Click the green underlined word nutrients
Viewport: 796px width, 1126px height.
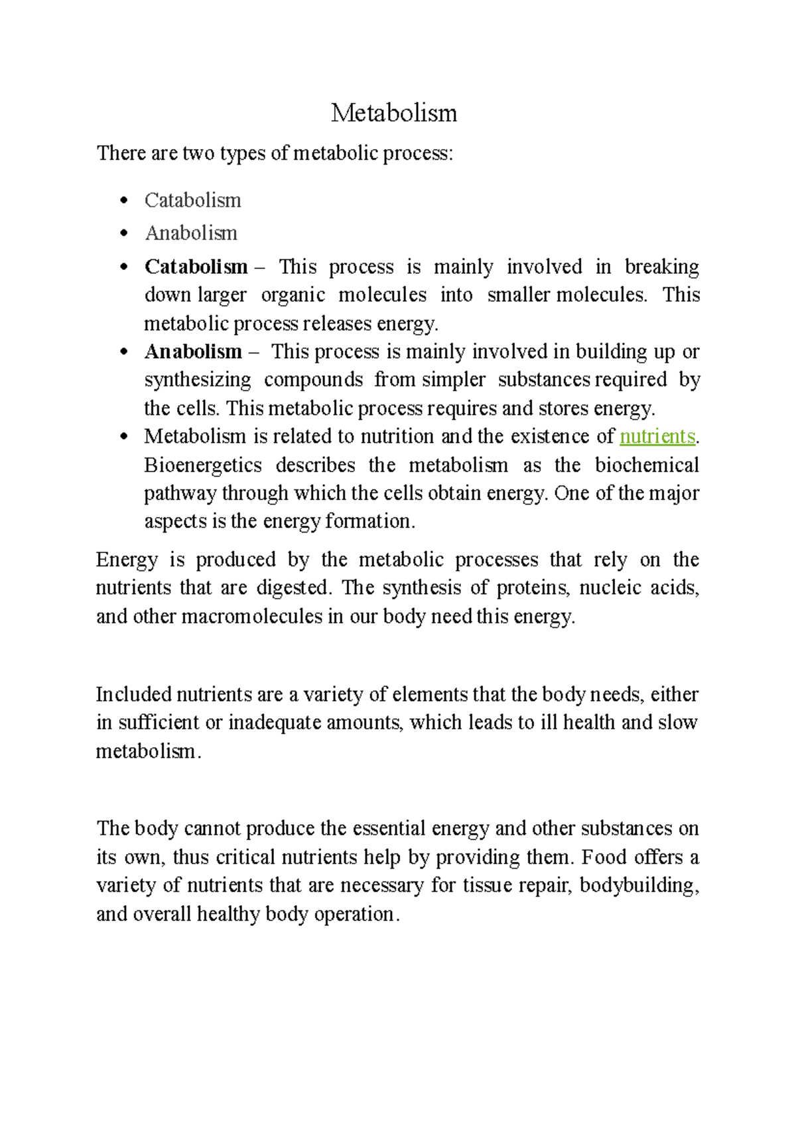[657, 436]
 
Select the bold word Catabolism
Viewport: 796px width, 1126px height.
[196, 267]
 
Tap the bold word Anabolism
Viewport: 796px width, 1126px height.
[193, 351]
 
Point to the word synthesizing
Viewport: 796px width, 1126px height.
[198, 380]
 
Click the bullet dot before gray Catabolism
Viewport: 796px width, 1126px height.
[123, 200]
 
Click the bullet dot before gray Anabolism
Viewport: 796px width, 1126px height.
[123, 233]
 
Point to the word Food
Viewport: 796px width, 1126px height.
[604, 857]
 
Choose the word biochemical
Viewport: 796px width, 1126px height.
[647, 465]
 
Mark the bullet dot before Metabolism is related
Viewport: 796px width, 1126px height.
[123, 437]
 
